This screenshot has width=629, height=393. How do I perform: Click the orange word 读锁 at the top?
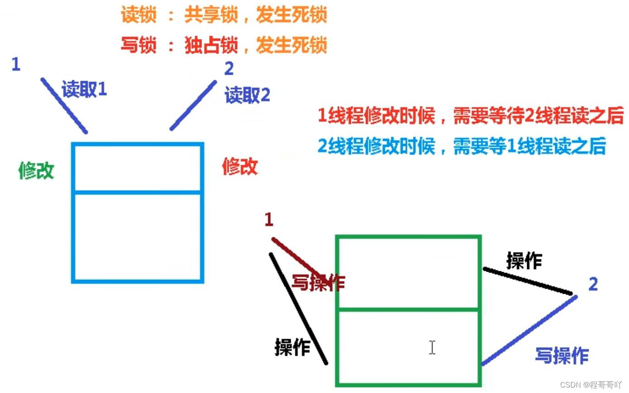(138, 16)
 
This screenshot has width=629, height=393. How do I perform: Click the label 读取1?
(84, 90)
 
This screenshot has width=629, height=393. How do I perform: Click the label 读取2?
(247, 96)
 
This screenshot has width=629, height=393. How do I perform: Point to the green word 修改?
(36, 171)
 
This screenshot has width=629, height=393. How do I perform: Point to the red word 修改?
(240, 167)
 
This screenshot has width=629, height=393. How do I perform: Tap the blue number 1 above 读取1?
(16, 64)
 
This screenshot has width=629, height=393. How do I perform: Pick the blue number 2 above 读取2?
(229, 68)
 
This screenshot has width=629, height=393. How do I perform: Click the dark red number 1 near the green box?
(269, 220)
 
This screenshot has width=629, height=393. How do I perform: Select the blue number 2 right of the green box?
(593, 284)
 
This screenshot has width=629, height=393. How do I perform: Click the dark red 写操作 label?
(318, 283)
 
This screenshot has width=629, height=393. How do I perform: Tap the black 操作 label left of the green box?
(293, 347)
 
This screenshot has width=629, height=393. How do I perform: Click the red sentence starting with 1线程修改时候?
(471, 115)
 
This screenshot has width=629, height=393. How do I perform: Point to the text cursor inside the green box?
(432, 347)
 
